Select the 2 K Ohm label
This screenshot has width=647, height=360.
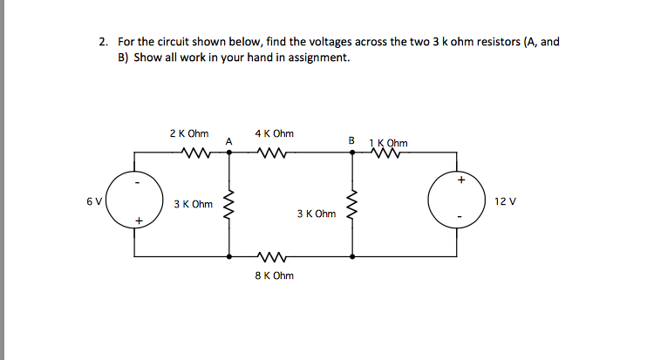[189, 134]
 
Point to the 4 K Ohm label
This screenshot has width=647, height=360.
[274, 134]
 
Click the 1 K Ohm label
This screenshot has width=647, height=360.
[388, 143]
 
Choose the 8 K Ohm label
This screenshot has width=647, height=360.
[274, 275]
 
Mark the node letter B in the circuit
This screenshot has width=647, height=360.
[351, 140]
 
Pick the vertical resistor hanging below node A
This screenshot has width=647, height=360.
[229, 206]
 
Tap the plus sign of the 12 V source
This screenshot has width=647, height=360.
[461, 181]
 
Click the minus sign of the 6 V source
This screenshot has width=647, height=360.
[138, 182]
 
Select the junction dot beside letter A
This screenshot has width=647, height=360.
[229, 152]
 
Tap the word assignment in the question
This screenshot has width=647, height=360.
[323, 58]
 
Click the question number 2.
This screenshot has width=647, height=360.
[103, 42]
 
